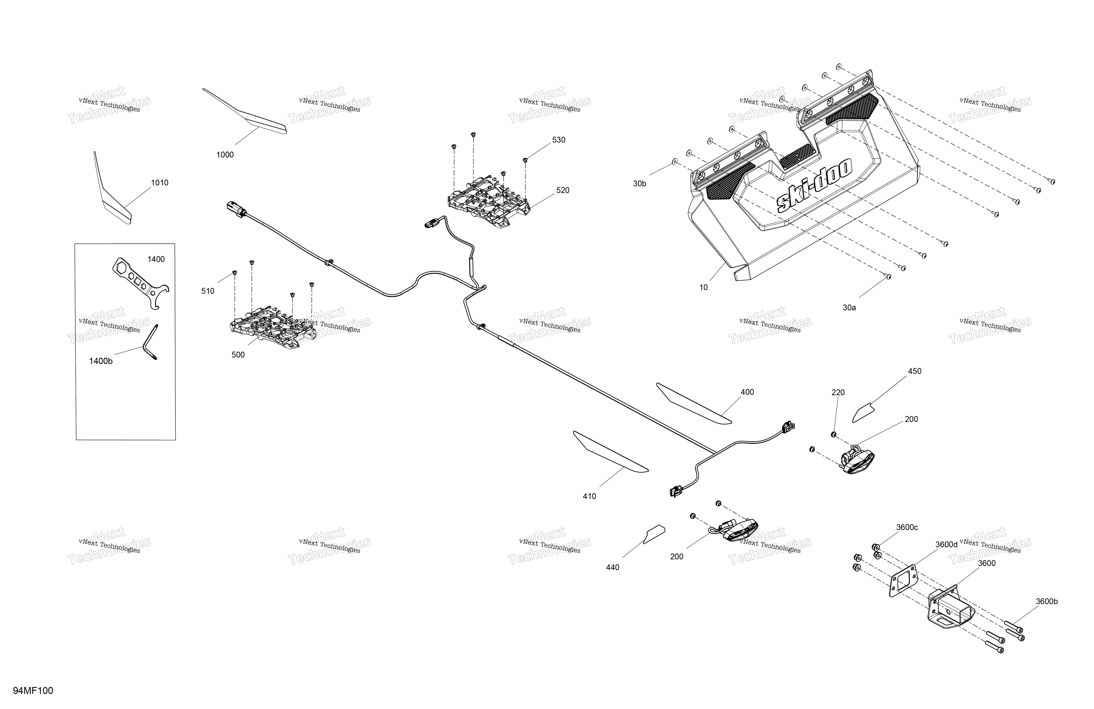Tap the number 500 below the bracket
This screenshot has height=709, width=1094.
[x=238, y=355]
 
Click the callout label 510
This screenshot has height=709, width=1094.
[x=208, y=291]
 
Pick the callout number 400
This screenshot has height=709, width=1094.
[x=747, y=392]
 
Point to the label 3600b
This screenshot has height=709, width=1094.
[x=1047, y=601]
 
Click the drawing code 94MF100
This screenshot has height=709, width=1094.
[x=33, y=691]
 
